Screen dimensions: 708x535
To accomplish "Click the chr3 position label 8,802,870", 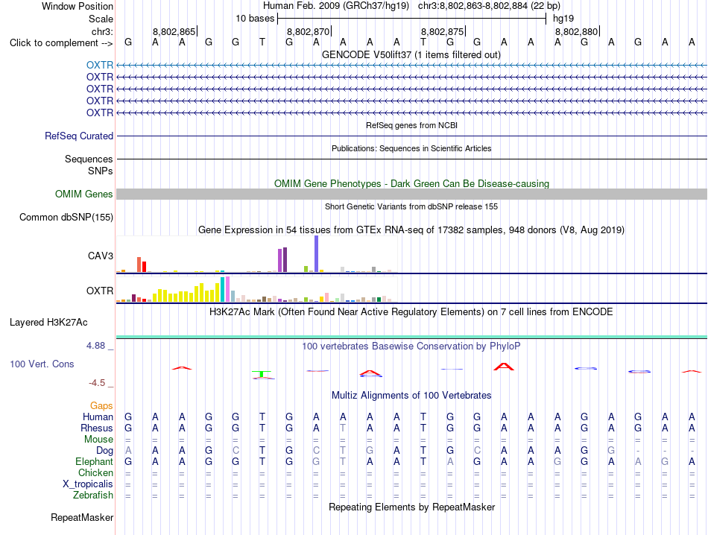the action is pos(309,31).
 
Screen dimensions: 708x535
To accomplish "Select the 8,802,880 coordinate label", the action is pos(577,31).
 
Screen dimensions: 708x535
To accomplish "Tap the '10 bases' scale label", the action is pos(255,19).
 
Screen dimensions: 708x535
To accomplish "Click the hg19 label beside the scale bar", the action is pos(563,19).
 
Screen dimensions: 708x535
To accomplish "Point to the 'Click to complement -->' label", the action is pos(61,43).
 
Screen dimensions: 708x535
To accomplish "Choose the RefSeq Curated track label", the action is pos(79,136).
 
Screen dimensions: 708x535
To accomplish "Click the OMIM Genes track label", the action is pos(84,194).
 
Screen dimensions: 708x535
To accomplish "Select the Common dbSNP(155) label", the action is pos(66,217).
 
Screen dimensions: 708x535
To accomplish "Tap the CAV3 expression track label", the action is pos(101,256).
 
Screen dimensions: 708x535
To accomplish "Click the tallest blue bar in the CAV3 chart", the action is pos(317,254).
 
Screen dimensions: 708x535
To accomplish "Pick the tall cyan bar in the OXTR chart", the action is pos(223,289).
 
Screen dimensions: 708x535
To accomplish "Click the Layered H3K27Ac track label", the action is pos(48,323).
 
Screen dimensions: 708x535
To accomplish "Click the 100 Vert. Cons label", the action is pos(42,364).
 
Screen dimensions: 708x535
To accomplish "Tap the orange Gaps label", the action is pos(101,405).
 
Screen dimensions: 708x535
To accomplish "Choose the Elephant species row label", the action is pos(95,461).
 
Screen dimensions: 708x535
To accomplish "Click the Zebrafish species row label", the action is pos(93,496).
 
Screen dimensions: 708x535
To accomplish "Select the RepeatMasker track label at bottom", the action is pos(82,517).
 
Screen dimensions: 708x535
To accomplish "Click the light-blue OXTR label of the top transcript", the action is pos(100,65).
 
